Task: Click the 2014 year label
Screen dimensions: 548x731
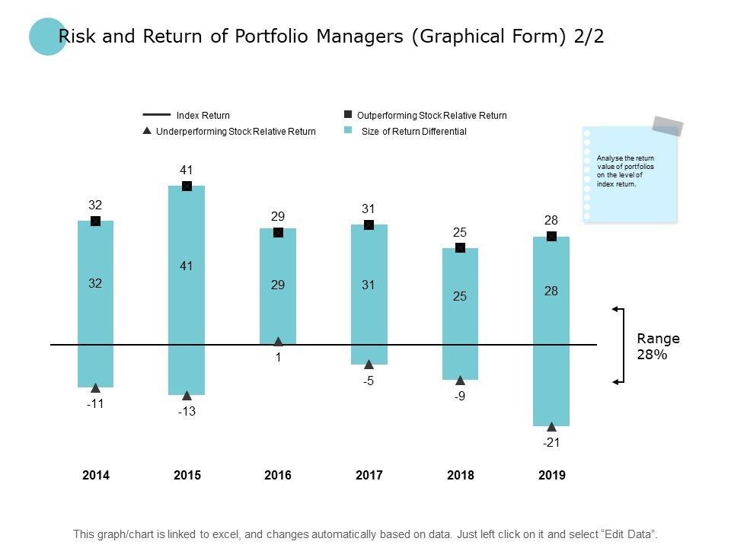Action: coord(96,476)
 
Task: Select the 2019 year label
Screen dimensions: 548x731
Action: coord(551,476)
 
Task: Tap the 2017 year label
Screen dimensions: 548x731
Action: coord(369,476)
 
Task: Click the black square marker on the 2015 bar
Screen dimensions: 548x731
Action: coord(187,186)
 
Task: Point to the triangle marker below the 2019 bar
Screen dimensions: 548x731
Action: coord(551,427)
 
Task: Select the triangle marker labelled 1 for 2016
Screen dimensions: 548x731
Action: coord(278,342)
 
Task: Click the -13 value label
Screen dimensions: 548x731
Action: coord(187,412)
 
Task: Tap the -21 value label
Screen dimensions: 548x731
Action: coord(551,442)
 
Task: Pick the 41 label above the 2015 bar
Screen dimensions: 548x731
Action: coord(187,170)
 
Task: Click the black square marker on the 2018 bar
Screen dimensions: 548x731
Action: coord(460,248)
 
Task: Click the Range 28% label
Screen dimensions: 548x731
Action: coord(658,346)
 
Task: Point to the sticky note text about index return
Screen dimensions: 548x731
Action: coord(626,171)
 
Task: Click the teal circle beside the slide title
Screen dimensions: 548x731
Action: coord(48,37)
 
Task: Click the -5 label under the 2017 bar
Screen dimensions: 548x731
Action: coord(369,381)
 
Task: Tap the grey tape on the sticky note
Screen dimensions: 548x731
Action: coord(668,126)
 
